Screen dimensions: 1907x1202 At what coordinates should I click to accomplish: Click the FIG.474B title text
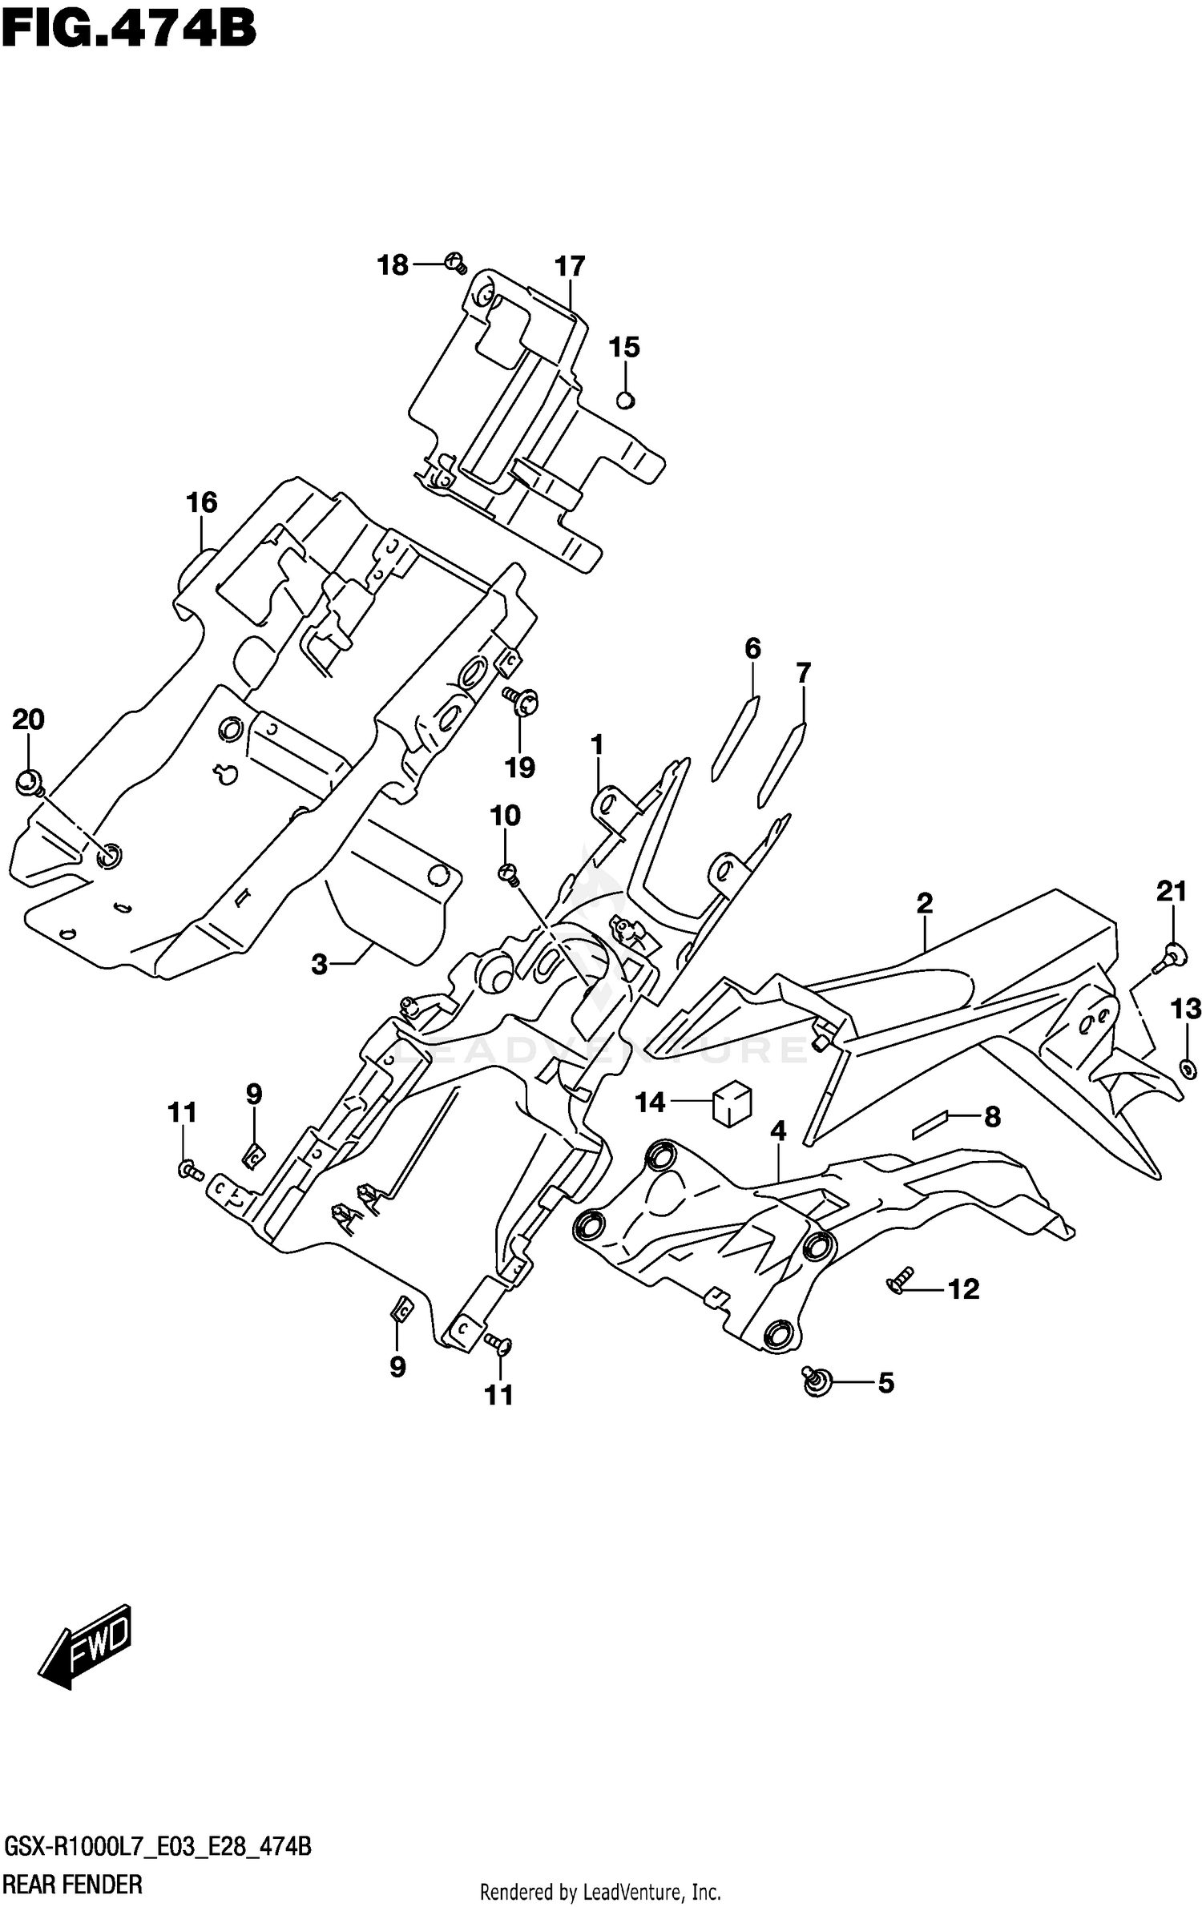pyautogui.click(x=128, y=30)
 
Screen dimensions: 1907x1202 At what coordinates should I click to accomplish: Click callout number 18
pyautogui.click(x=393, y=265)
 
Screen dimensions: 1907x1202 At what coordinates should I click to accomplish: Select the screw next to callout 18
pyautogui.click(x=455, y=262)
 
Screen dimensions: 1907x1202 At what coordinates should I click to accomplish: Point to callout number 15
pyautogui.click(x=624, y=348)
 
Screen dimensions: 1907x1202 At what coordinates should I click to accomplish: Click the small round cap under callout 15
pyautogui.click(x=626, y=399)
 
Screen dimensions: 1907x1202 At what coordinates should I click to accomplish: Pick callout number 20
pyautogui.click(x=28, y=720)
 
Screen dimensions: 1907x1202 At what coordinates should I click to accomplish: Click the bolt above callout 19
pyautogui.click(x=522, y=703)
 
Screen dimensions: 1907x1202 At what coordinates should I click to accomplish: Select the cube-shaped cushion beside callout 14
pyautogui.click(x=732, y=1103)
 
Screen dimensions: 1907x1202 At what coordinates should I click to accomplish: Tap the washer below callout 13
pyautogui.click(x=1188, y=1067)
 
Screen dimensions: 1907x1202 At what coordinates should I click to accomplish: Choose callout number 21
pyautogui.click(x=1171, y=891)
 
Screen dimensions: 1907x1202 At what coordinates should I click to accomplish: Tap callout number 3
pyautogui.click(x=320, y=965)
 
